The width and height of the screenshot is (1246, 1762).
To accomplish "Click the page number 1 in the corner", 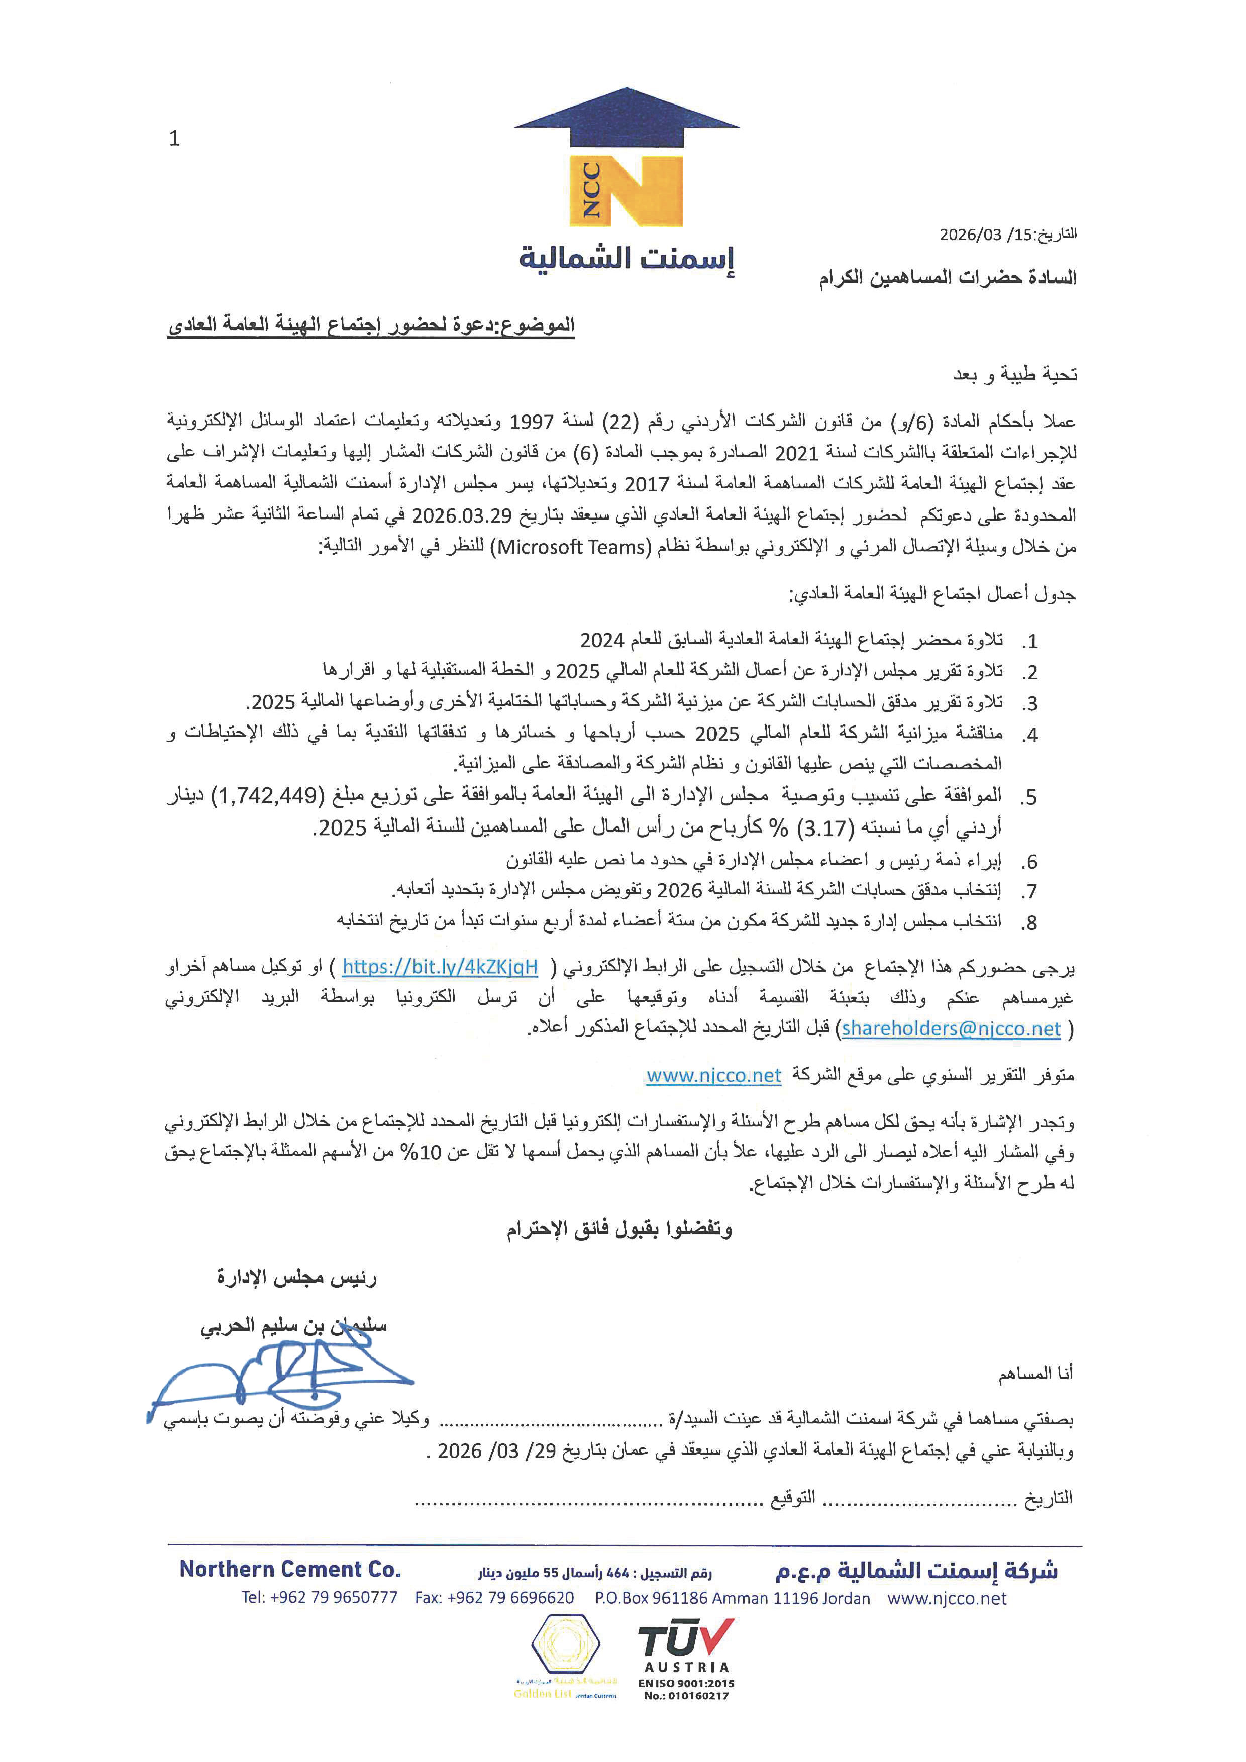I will click(x=174, y=138).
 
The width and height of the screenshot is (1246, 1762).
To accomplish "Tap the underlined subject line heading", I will click(x=371, y=325).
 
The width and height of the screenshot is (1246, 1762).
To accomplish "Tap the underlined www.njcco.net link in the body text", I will click(x=713, y=1075).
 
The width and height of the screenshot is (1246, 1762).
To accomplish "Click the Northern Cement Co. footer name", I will click(x=290, y=1569).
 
